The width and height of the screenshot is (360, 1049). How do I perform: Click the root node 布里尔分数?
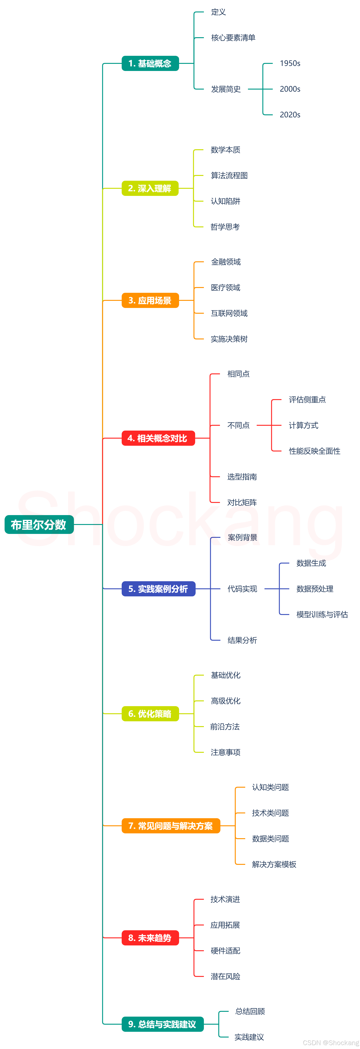(x=39, y=524)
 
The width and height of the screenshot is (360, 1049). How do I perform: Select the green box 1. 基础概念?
(x=150, y=64)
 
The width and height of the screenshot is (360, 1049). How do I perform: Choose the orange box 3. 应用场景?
(x=150, y=301)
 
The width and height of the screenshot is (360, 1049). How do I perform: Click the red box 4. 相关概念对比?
(x=158, y=438)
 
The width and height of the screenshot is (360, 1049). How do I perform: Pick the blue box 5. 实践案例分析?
(x=158, y=589)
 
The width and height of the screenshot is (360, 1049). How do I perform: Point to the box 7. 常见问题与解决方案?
(x=171, y=826)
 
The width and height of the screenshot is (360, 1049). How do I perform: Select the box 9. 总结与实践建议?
(x=163, y=1024)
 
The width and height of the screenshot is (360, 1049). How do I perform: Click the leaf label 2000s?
(x=290, y=89)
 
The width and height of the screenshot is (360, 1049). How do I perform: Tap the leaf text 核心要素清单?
(x=233, y=38)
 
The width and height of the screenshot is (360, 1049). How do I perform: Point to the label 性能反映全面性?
(x=314, y=451)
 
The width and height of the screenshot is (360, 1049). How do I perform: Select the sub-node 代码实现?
(x=242, y=589)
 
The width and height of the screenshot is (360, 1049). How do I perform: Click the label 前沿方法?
(x=225, y=727)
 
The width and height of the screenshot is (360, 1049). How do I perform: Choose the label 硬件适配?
(x=225, y=951)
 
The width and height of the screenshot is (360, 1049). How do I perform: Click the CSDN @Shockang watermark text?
(x=331, y=1043)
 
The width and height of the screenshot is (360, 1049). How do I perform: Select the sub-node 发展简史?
(x=226, y=89)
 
